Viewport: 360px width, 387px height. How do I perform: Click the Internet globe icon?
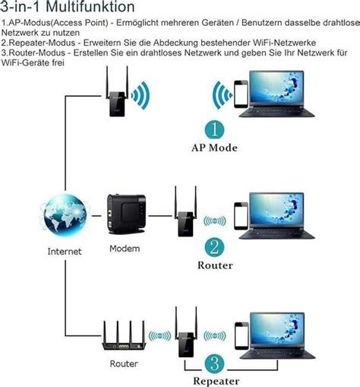coord(65,215)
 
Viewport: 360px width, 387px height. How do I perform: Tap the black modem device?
coord(126,214)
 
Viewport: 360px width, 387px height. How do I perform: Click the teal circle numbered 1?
coord(214,130)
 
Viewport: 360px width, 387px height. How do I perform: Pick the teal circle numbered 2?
coord(214,247)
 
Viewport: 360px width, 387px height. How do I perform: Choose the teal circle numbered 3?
coord(214,363)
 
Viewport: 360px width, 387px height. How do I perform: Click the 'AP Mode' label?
coord(214,148)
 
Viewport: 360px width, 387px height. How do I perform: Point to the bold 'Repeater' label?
coord(216,381)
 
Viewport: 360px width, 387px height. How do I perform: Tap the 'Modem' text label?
coord(125,249)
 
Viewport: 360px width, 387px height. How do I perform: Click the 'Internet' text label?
coord(65,252)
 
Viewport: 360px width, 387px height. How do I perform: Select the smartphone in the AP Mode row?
coord(241,94)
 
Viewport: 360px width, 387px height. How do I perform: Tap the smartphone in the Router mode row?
coord(241,216)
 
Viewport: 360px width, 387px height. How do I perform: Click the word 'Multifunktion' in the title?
coord(90,7)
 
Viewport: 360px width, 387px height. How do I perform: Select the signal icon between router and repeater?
coord(159,336)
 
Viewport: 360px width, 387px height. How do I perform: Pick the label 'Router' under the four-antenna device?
coord(124,363)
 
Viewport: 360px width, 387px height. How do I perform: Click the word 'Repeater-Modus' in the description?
coord(38,43)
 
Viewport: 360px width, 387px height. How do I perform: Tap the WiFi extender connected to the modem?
coord(185,211)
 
